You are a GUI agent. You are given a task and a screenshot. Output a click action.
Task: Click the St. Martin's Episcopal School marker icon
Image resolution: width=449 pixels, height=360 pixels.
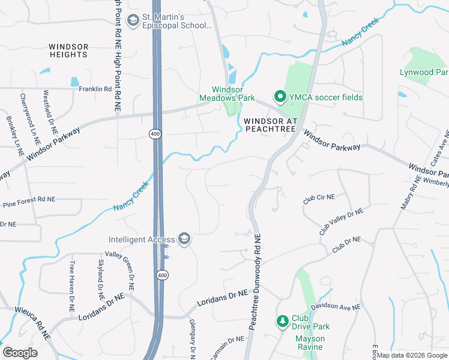(x=133, y=21)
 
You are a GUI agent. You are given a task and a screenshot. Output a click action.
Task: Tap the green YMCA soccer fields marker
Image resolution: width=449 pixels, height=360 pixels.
(x=279, y=97)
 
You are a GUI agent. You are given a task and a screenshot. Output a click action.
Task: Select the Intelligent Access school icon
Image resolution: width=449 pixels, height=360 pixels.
(x=184, y=239)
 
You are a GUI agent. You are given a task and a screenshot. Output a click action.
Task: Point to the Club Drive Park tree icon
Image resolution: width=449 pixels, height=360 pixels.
(x=282, y=322)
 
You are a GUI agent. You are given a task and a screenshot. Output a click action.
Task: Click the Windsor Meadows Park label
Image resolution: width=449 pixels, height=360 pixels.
(x=228, y=94)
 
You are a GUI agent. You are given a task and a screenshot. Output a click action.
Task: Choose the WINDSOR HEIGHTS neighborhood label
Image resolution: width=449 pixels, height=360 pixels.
(x=68, y=50)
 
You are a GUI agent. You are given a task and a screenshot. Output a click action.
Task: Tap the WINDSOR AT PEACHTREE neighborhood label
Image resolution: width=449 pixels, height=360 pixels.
(x=271, y=125)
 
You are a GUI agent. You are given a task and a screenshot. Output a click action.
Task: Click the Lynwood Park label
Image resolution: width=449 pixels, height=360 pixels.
(x=424, y=73)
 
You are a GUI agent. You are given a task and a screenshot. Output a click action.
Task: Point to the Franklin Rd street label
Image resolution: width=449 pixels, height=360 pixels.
(x=95, y=89)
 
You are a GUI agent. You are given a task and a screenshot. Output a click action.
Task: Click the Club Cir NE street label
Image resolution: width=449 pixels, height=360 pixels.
(x=319, y=199)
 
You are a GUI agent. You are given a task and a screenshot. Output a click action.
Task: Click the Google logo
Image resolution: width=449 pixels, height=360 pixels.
(x=20, y=353)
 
